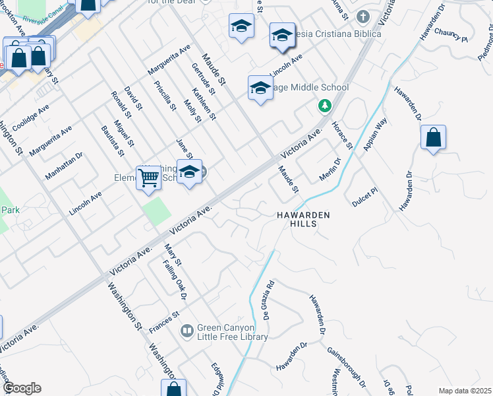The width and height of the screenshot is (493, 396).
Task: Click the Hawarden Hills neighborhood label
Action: (x=303, y=220)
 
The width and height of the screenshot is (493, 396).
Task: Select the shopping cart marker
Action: (x=148, y=177)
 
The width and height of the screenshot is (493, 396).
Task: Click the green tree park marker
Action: (x=324, y=105)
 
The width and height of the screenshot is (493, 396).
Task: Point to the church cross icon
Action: (x=362, y=16)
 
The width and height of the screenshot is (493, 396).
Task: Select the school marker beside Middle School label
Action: (x=260, y=88)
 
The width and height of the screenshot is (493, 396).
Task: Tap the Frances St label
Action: (x=165, y=317)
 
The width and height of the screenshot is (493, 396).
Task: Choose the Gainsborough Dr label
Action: (x=346, y=367)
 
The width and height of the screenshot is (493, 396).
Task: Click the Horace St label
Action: (x=343, y=135)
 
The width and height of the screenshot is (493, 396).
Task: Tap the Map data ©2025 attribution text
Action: (x=464, y=391)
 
